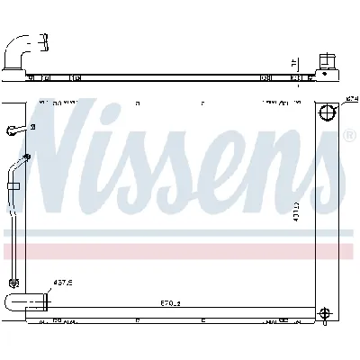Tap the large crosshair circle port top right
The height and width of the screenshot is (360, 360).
[x=327, y=114]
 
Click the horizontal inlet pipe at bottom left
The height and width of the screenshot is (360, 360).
[x=25, y=301]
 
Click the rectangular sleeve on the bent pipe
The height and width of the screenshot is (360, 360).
[x=14, y=186]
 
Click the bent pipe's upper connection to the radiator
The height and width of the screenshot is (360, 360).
[x=27, y=159]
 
